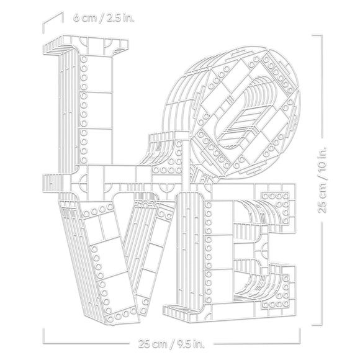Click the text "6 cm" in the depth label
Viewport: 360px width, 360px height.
click(84, 18)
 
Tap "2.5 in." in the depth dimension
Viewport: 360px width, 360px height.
click(120, 18)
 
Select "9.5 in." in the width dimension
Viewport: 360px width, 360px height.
click(191, 344)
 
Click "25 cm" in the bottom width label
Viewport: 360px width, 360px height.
click(153, 344)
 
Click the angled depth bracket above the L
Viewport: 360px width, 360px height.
click(53, 22)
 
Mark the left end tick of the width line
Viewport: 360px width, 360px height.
click(43, 336)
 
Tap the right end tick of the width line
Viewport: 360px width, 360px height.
click(300, 336)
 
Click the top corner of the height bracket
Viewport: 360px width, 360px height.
click(322, 35)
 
